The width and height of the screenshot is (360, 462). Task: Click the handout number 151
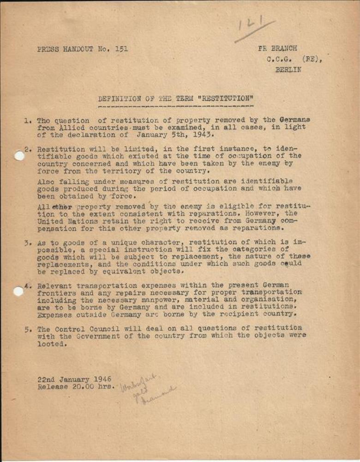coord(122,49)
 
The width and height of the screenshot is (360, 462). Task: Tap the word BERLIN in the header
coord(288,70)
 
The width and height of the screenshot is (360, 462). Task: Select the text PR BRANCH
coord(277,49)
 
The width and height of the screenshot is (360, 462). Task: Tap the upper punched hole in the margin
coord(19,156)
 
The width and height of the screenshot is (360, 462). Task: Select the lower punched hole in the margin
coord(18,291)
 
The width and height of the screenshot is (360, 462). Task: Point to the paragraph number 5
coord(27,329)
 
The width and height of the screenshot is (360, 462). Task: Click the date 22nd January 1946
coord(74,379)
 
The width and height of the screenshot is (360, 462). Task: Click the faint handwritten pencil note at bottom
coord(145,389)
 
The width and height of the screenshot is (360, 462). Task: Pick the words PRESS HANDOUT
coord(65,49)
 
